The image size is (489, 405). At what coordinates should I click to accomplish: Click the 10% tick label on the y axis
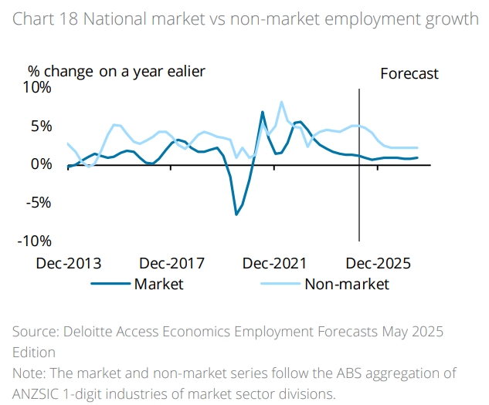36,87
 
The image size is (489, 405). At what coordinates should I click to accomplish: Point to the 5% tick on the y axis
39,126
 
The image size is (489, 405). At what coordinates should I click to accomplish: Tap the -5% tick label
38,202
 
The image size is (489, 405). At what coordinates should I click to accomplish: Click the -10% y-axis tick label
35,241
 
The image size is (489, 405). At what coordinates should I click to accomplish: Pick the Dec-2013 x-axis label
69,263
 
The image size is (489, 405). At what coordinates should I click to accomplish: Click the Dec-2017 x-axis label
172,263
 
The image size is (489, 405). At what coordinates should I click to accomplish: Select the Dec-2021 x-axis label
275,263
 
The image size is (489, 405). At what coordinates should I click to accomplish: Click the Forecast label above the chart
409,74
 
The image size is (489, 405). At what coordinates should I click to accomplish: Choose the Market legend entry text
159,284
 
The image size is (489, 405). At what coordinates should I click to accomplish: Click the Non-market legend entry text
347,284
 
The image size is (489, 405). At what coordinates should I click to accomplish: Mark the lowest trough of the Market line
236,214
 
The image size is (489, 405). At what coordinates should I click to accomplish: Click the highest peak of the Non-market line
282,102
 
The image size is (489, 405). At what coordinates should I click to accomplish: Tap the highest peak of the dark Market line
263,112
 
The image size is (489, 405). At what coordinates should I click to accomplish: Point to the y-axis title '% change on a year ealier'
117,72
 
